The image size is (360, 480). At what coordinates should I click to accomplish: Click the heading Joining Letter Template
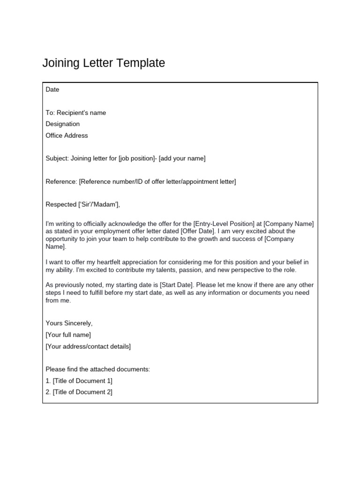tap(104, 63)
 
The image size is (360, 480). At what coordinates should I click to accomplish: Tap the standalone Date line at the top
tap(52, 90)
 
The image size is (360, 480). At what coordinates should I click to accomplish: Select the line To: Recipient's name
tap(76, 112)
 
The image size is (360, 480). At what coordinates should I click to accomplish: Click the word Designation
tap(63, 124)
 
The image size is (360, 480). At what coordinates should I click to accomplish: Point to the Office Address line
tap(67, 135)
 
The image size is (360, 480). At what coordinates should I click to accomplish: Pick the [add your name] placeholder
tap(182, 158)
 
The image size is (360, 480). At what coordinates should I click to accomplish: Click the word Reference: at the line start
tap(61, 181)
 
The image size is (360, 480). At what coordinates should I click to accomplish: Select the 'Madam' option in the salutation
tap(109, 204)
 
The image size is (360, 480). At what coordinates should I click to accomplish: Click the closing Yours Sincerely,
tap(69, 323)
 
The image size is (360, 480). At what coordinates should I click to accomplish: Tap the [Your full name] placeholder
tap(68, 335)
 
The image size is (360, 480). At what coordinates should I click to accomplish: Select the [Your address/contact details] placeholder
tap(88, 346)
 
